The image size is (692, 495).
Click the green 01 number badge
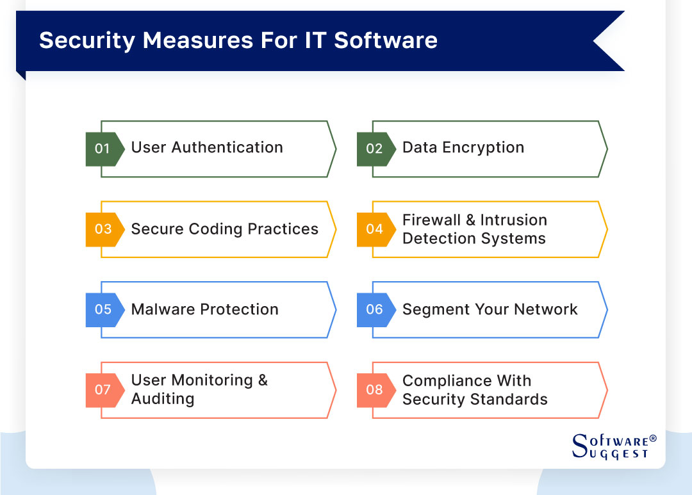pos(103,149)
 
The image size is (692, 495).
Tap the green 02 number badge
pos(374,149)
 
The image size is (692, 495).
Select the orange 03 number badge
pos(103,229)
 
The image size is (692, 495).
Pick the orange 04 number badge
pos(374,229)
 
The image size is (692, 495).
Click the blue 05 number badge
pos(103,309)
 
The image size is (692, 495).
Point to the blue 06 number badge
pos(374,309)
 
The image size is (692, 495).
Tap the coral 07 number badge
pos(103,390)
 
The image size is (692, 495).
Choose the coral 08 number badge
pos(374,390)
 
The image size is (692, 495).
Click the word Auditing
pos(162,399)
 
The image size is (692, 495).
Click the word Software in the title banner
pos(386,40)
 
